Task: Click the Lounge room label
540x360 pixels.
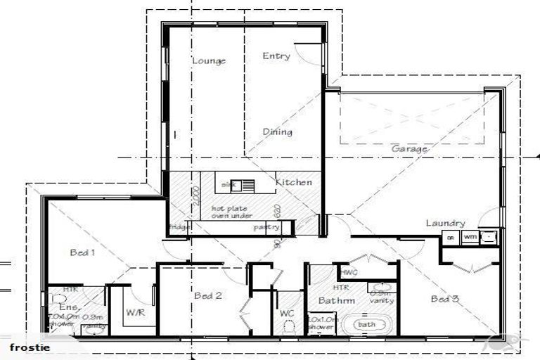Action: (209, 61)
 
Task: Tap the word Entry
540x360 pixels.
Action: (276, 56)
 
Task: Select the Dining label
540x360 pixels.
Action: (277, 132)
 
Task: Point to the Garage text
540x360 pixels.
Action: (409, 149)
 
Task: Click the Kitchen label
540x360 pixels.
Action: (293, 183)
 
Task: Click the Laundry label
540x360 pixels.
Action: (445, 224)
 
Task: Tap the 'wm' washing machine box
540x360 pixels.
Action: (469, 237)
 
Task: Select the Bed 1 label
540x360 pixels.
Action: (83, 252)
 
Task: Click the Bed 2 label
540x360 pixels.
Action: (208, 296)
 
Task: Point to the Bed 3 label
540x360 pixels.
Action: (445, 299)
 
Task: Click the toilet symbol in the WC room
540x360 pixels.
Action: (287, 326)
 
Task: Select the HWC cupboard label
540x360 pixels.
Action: (349, 272)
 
